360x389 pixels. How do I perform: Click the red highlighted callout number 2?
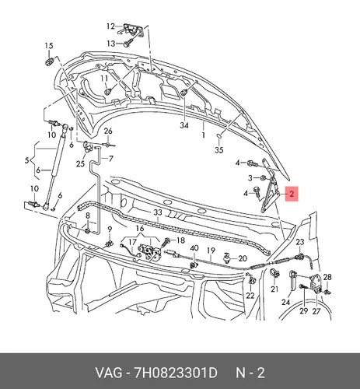pos(292,194)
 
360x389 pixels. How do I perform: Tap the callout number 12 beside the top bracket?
pos(110,26)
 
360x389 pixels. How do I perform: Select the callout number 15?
pos(49,46)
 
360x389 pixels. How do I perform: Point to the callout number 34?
pos(184,125)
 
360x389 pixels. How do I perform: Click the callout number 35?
pos(219,150)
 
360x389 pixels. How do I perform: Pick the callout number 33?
pos(158,212)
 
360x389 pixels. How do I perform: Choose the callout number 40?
pos(194,248)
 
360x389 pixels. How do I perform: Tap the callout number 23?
pos(300,242)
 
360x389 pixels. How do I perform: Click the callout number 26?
pos(108,131)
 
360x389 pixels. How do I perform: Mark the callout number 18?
pos(180,240)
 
